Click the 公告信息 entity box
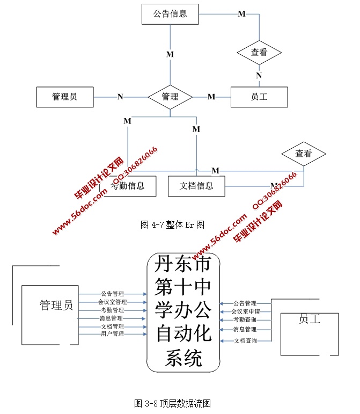coord(170,14)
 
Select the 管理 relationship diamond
coord(170,97)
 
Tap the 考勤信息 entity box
coord(128,186)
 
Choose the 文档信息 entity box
coord(196,186)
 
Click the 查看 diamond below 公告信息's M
coord(259,53)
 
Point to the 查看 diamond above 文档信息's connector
coord(304,154)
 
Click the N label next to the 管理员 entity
coord(120,97)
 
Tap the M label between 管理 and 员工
coord(211,97)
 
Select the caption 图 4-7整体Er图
coord(172,224)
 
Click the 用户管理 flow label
coord(112,334)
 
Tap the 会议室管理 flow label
coord(112,302)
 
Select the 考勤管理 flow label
coord(112,310)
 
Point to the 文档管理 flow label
coord(112,326)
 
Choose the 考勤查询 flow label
coord(245,320)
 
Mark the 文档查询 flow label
coord(245,340)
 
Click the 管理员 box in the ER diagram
coord(64,97)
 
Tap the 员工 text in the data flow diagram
coord(309,319)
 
